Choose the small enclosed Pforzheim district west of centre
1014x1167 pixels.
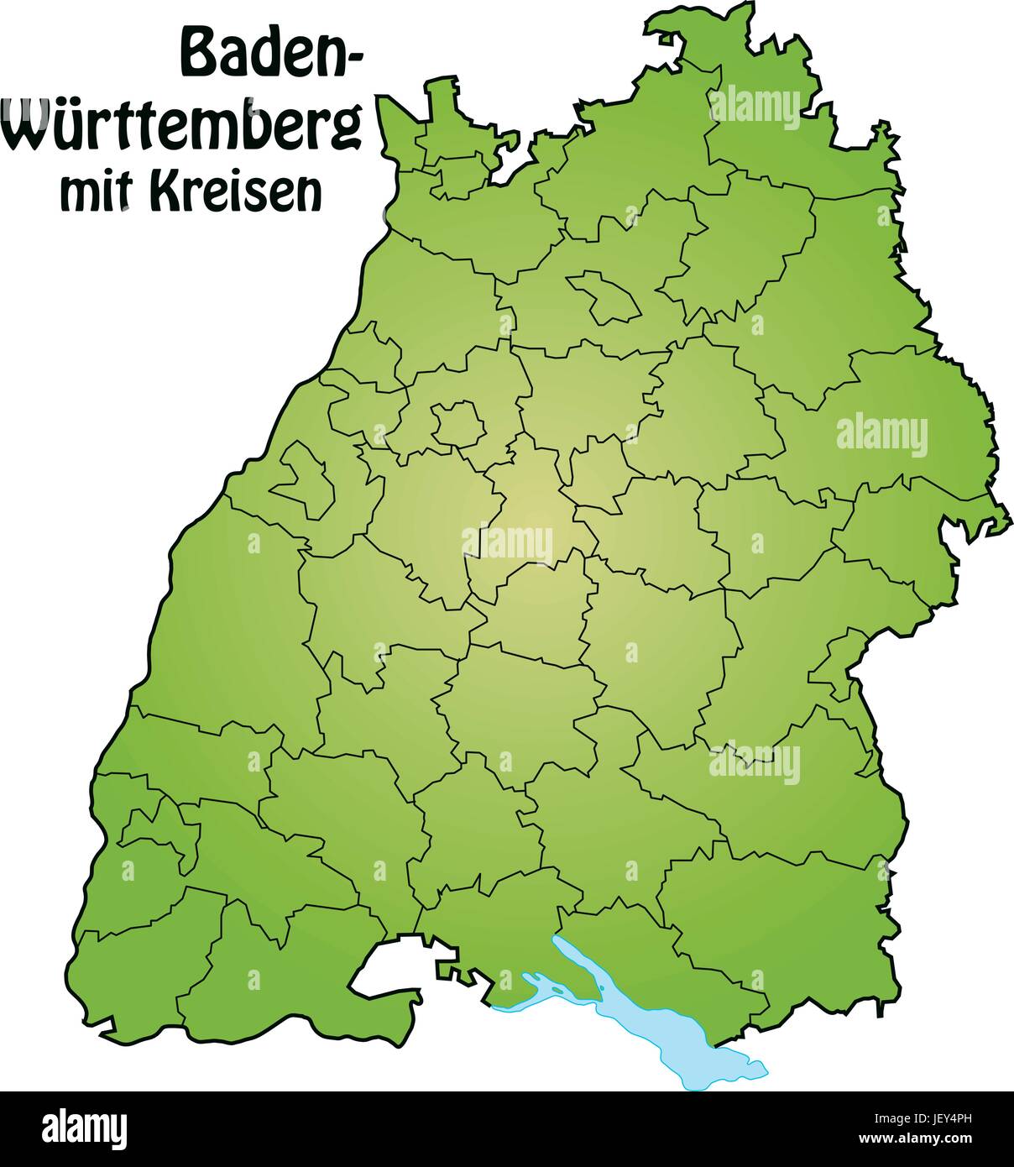coord(458,422)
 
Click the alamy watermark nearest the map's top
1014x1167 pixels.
coord(755,107)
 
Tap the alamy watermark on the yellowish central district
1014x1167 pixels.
coord(507,542)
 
